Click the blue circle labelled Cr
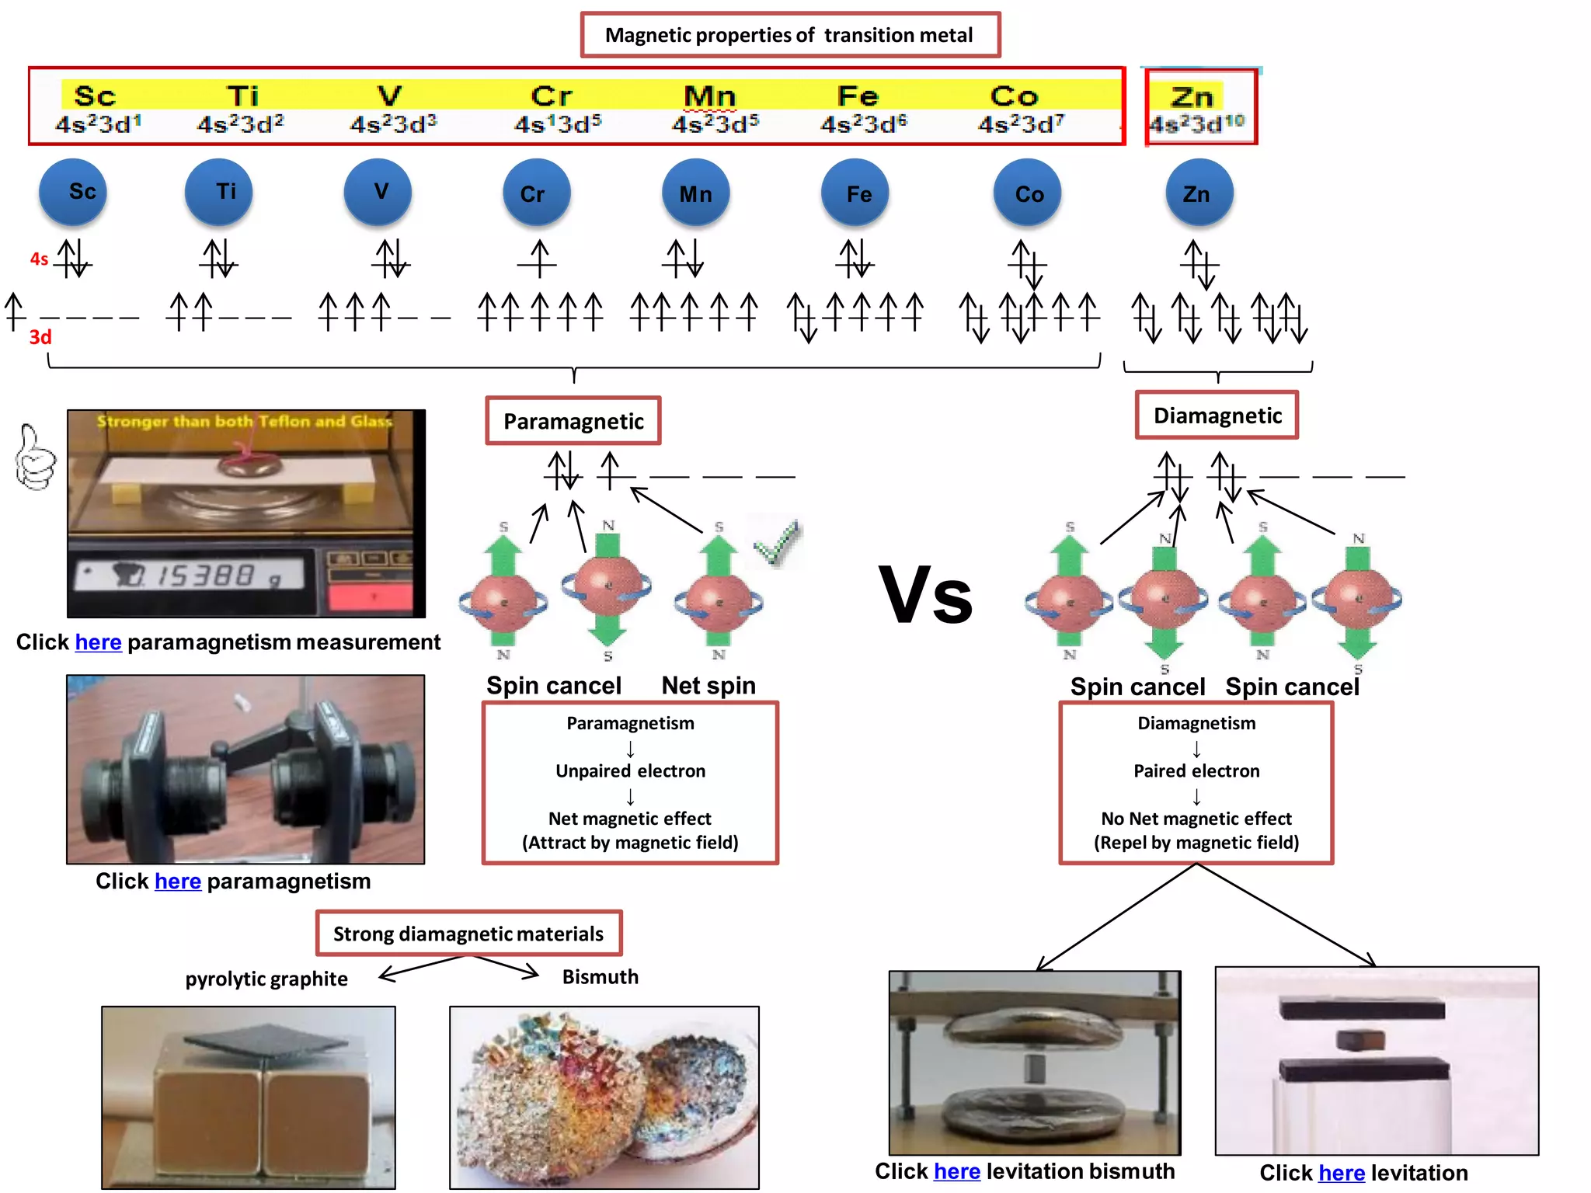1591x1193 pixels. (536, 193)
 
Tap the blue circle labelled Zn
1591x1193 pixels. (1199, 193)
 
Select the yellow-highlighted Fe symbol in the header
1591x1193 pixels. (858, 96)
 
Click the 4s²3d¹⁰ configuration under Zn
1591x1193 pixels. (1197, 123)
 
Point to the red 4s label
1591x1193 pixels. (39, 259)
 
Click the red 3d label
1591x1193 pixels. (40, 337)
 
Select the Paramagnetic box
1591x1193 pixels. (573, 421)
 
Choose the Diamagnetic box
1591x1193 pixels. (1217, 416)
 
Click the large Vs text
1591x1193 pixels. (925, 596)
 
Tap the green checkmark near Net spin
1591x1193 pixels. (778, 543)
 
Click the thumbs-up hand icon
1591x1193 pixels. (36, 458)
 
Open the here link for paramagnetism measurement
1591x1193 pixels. (98, 642)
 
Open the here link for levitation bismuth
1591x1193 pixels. (956, 1171)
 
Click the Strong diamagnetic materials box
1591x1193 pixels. (468, 934)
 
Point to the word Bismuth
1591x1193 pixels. (600, 977)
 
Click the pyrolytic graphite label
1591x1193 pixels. (266, 979)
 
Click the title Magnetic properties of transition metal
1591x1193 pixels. (789, 35)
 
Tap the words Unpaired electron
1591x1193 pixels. (630, 771)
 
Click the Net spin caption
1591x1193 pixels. (708, 686)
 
